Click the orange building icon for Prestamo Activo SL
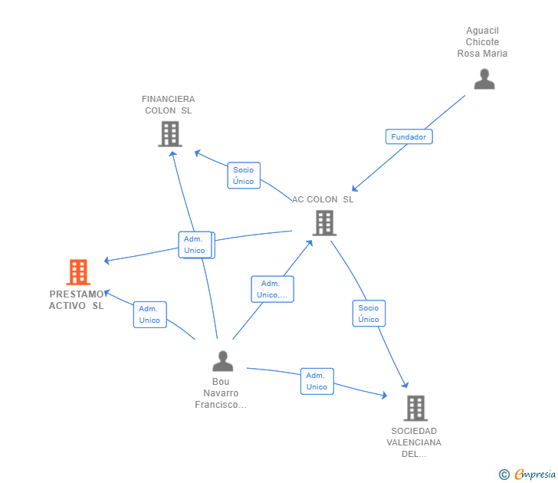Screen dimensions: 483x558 [78, 271]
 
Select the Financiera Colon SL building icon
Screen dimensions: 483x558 [169, 133]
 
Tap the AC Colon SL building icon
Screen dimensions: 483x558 [324, 222]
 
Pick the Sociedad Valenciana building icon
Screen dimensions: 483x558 [415, 408]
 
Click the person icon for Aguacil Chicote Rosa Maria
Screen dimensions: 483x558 [484, 79]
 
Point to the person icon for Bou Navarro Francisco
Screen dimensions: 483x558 [222, 360]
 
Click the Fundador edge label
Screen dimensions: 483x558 [409, 137]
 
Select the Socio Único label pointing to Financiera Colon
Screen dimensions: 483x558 [244, 176]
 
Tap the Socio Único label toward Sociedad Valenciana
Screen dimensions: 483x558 [369, 314]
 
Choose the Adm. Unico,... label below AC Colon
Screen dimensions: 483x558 [272, 289]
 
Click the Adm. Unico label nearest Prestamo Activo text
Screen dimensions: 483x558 [149, 314]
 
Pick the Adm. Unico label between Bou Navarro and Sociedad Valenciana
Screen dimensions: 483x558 [317, 381]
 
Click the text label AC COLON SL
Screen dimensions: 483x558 [323, 199]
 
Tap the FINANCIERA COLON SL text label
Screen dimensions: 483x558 [169, 105]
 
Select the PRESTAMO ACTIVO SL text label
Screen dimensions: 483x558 [77, 300]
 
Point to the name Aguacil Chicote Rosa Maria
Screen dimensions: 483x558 [482, 42]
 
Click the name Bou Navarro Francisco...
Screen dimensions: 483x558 [221, 393]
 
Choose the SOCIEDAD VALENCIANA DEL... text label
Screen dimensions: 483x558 [414, 442]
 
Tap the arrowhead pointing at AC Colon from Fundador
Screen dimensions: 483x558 [354, 189]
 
